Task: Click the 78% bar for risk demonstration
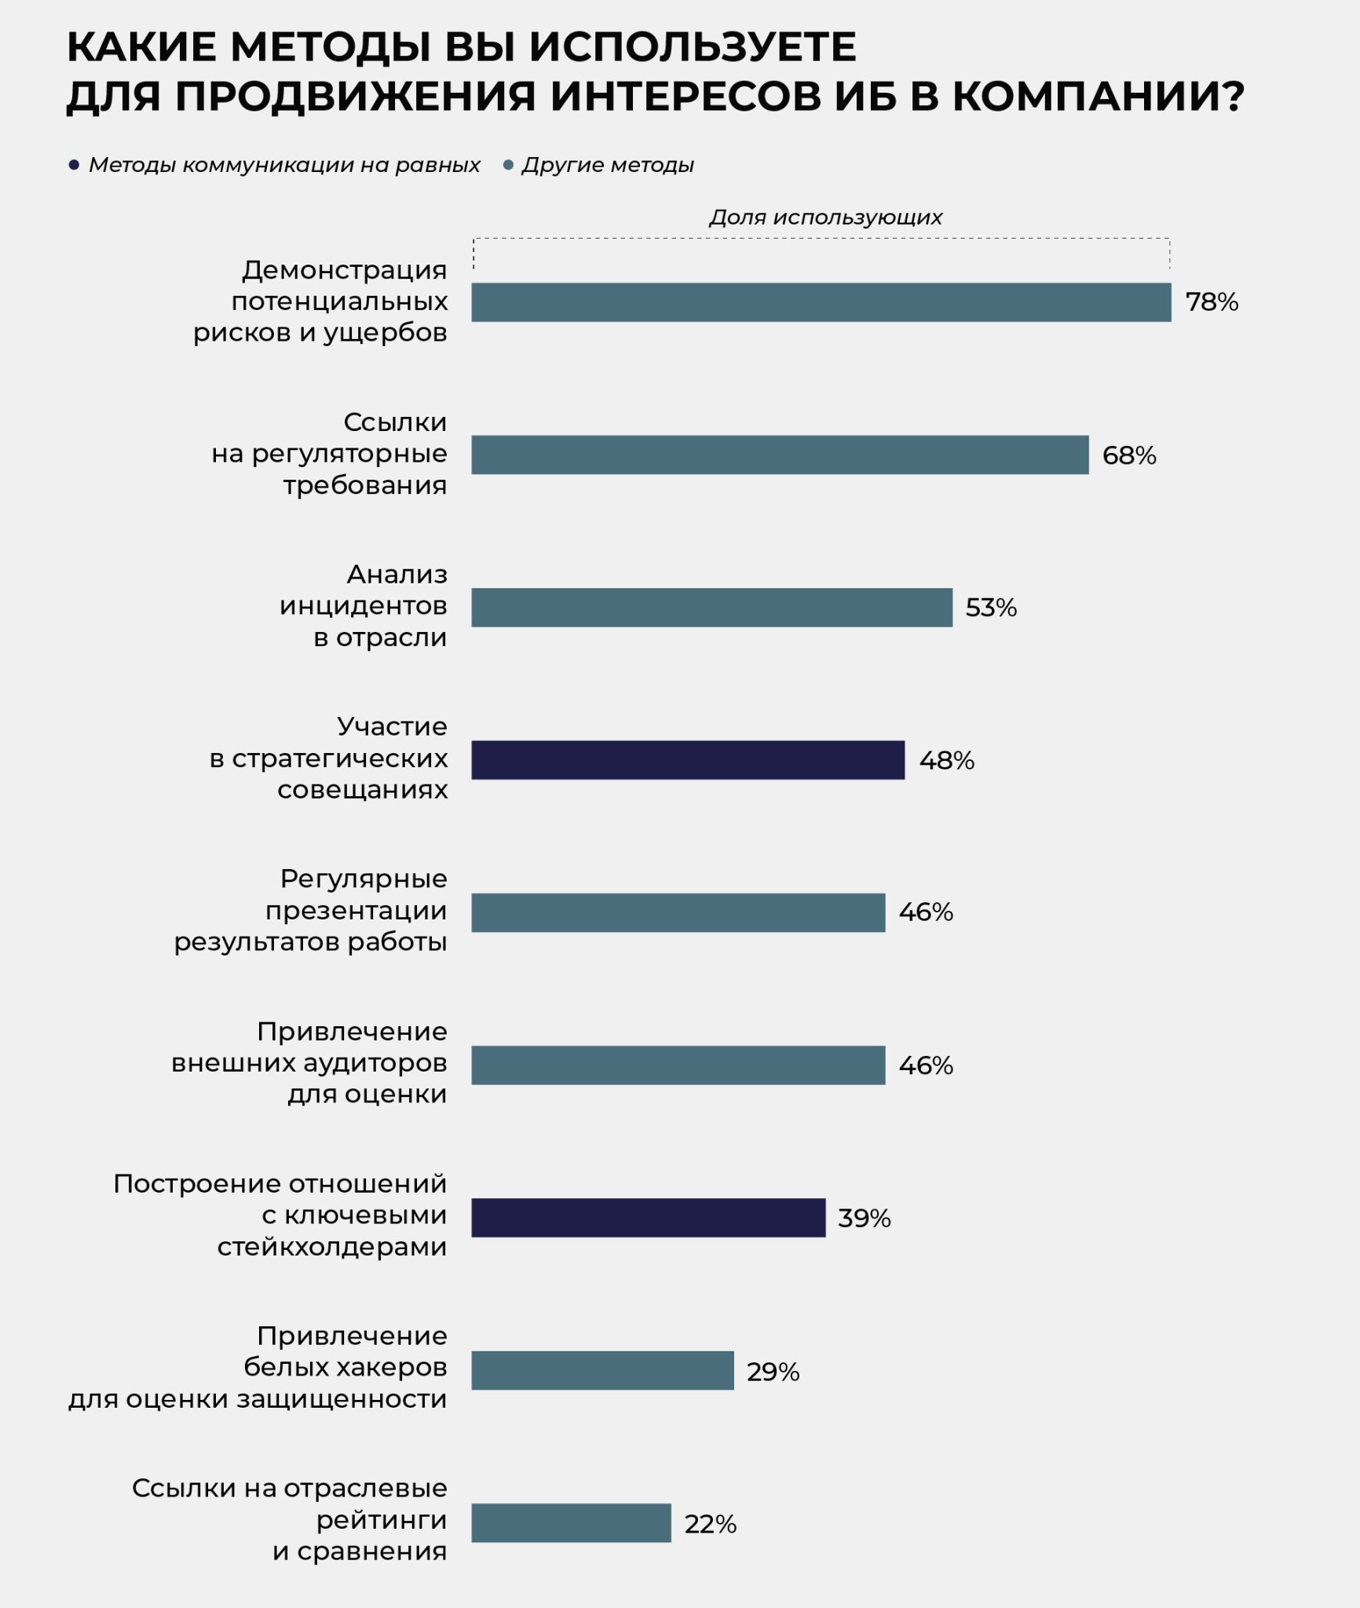[x=821, y=302]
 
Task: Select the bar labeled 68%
[x=780, y=455]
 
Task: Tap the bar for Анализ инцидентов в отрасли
[x=711, y=608]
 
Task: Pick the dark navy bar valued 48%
[x=688, y=760]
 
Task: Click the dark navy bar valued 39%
[x=649, y=1218]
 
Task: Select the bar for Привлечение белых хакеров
[x=602, y=1371]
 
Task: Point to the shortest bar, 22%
[x=571, y=1523]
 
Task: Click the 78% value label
[x=1212, y=302]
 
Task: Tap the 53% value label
[x=991, y=608]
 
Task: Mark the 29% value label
[x=773, y=1372]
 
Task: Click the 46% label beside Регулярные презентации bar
[x=926, y=912]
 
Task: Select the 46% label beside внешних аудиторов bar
[x=926, y=1065]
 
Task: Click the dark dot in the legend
[x=74, y=165]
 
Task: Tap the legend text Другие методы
[x=608, y=165]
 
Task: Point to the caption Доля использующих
[x=825, y=217]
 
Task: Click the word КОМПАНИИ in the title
[x=1099, y=96]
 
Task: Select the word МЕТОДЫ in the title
[x=330, y=47]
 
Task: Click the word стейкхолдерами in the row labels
[x=332, y=1247]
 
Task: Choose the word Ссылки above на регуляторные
[x=395, y=422]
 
